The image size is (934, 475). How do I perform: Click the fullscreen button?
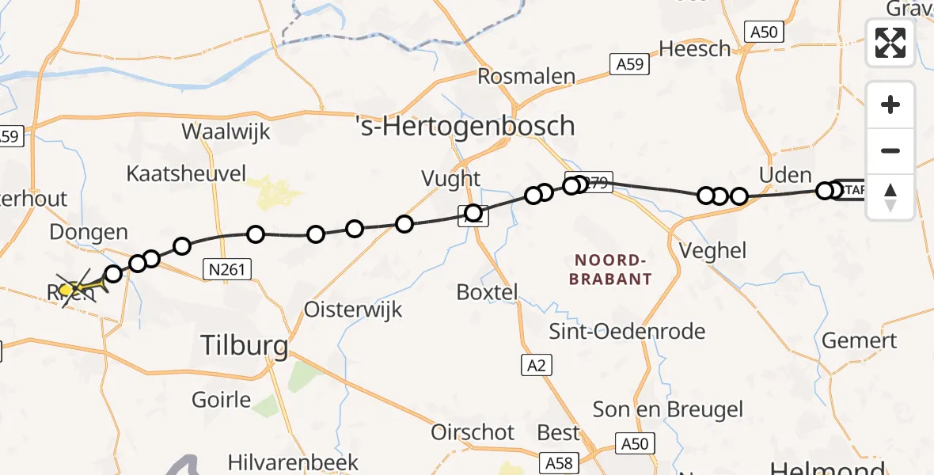coord(890,43)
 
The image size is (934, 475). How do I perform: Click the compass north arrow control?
coord(890,197)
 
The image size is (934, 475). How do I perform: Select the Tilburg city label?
coord(244,345)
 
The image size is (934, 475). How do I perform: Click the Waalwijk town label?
coord(226,131)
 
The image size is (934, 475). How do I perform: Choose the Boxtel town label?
coord(487,291)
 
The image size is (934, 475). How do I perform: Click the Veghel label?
coord(713,251)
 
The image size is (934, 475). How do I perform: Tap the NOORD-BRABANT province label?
coord(613,269)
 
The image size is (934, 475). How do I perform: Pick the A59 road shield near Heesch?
coord(629,65)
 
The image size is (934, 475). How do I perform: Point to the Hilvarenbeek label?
coord(293,462)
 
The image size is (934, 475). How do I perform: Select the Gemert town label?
coord(860,341)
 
